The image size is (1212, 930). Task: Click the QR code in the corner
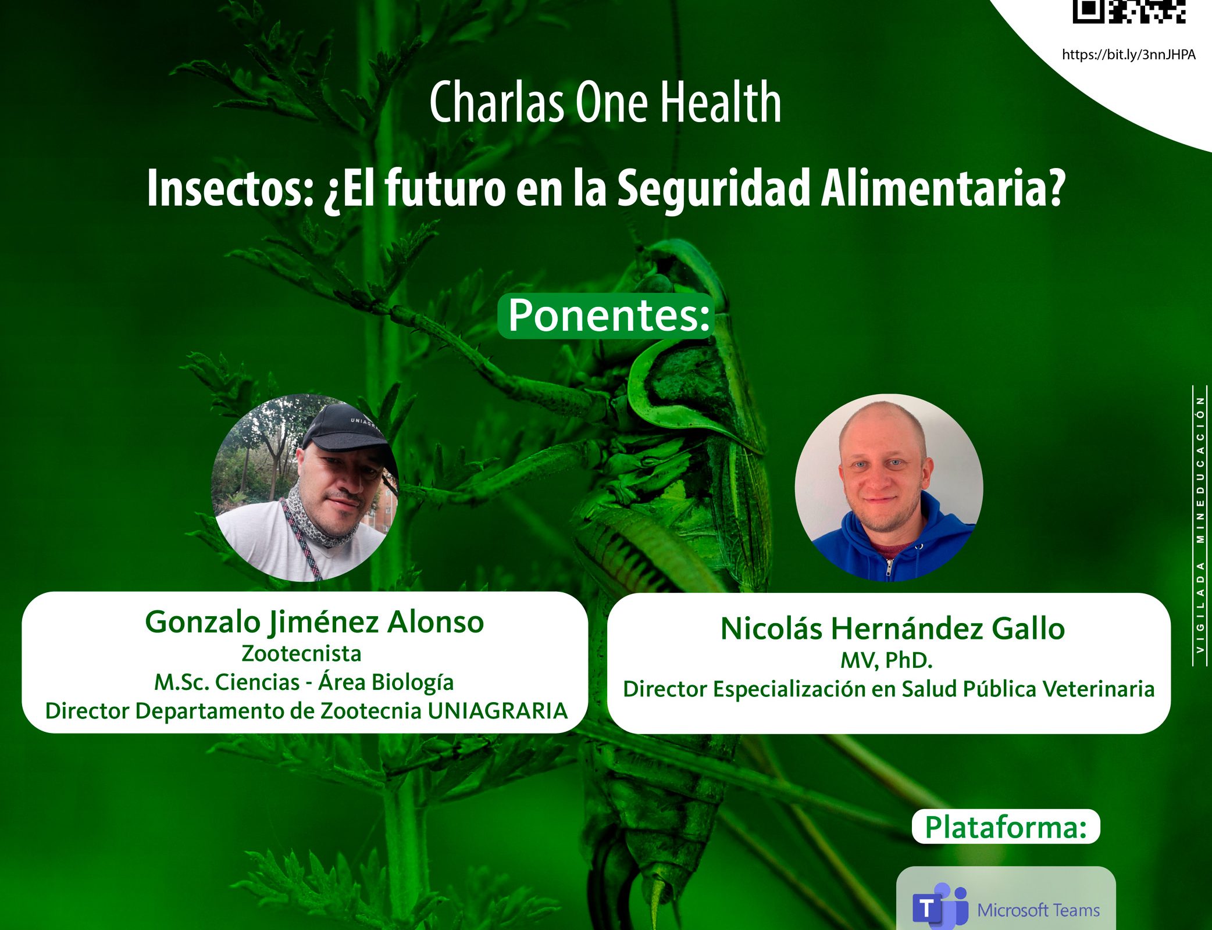point(1129,11)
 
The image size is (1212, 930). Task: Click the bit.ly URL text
point(1129,55)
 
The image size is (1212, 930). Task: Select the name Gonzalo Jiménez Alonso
point(314,623)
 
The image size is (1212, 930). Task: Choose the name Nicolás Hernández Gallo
point(893,629)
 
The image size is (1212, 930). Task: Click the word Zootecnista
point(301,654)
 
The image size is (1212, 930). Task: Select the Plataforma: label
point(1006,827)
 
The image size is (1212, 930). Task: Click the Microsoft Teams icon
point(940,907)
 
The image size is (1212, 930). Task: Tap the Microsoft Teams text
point(1039,910)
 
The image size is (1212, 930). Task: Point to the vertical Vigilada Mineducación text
point(1200,525)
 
